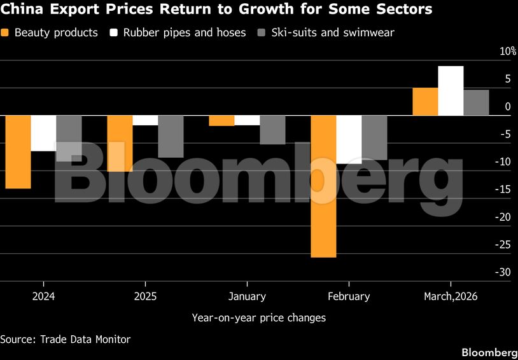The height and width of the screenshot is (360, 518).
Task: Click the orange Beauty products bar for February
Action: coord(323,186)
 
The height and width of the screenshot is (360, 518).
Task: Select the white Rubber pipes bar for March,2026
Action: coord(451,91)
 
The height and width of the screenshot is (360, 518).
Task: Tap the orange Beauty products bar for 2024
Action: coord(18,152)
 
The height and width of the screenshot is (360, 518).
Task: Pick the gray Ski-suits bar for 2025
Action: coord(171,136)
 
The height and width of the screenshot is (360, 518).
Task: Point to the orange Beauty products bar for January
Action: coord(221,120)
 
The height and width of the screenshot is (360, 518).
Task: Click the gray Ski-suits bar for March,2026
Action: coord(476,102)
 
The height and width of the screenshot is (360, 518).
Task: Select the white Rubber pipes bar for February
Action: coord(349,139)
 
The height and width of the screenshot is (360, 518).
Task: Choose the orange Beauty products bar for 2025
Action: coord(120,143)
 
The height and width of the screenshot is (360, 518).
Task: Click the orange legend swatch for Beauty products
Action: coord(6,32)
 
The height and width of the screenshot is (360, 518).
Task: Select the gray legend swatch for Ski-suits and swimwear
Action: coord(262,32)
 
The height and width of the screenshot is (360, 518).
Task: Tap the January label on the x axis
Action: coord(247,296)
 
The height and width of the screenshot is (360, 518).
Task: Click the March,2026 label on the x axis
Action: coord(451,296)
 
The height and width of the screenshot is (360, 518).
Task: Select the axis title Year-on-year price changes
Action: coord(258,317)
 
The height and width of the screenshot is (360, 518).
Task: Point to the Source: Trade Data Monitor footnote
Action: coord(65,339)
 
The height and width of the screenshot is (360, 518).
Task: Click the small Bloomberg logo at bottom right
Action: coord(489,352)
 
